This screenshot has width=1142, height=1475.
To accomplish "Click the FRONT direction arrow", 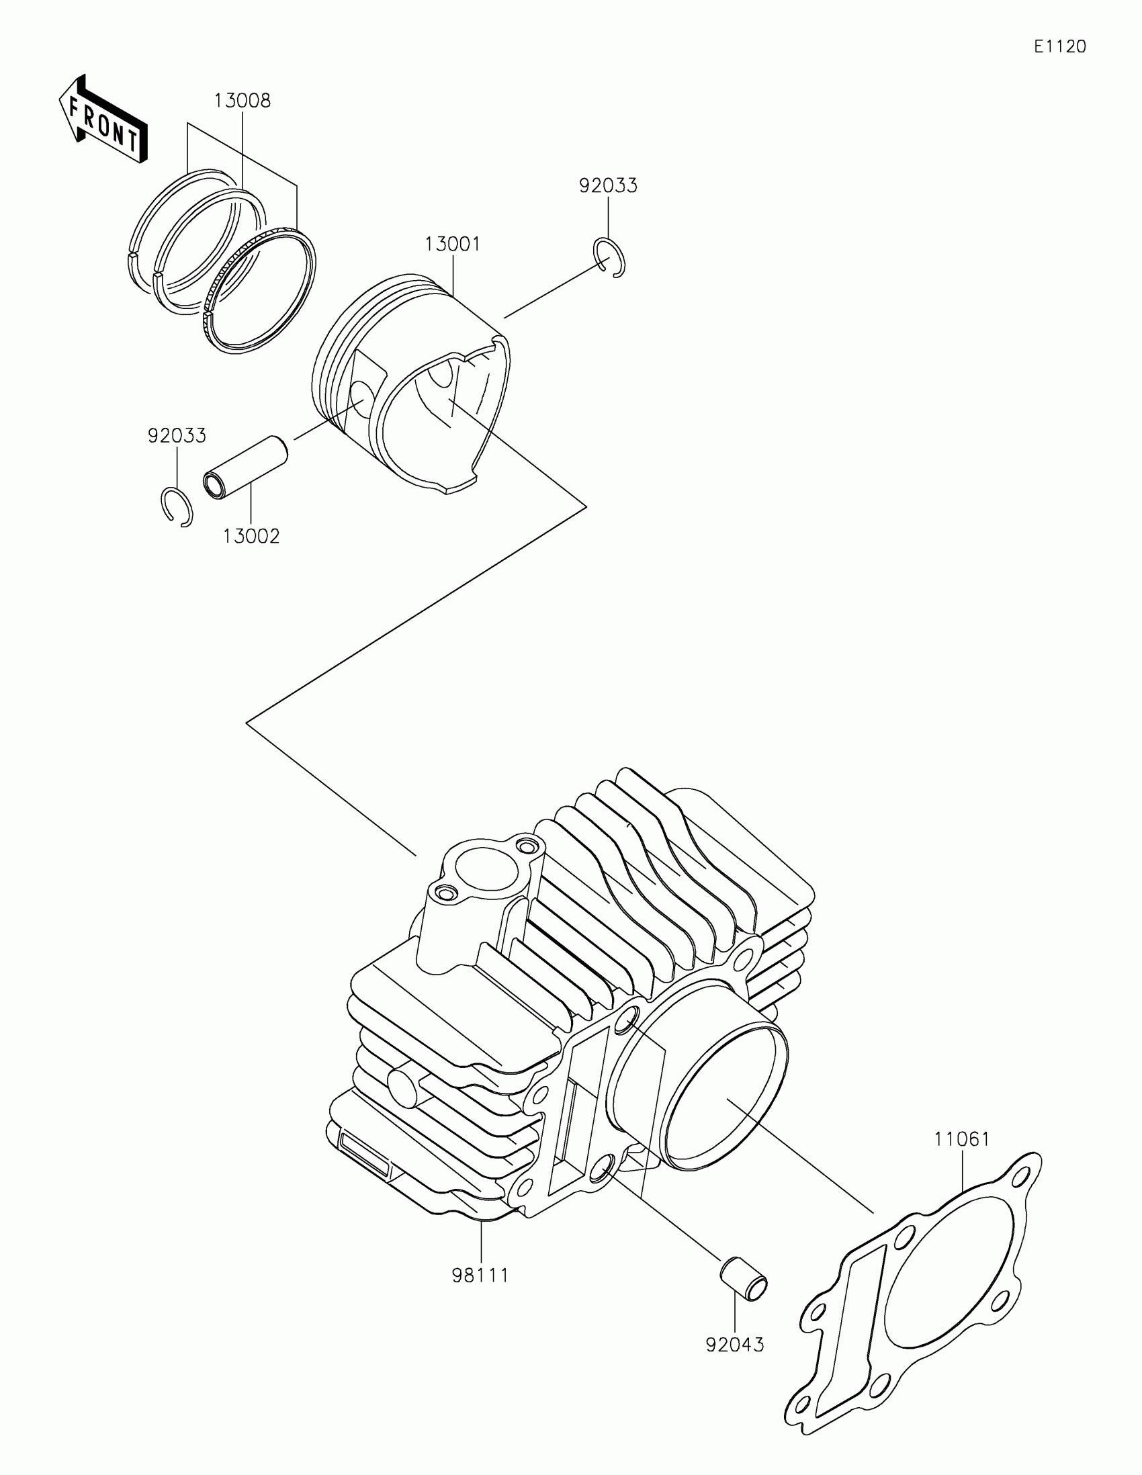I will click(x=103, y=120).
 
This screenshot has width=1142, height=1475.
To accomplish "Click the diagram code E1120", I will click(x=1059, y=46).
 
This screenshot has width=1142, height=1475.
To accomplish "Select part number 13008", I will click(x=243, y=101).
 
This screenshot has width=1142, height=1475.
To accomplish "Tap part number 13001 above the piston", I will click(x=453, y=244).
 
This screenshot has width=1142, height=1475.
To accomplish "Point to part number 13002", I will click(x=251, y=536).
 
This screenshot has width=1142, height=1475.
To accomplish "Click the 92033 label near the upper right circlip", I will click(x=608, y=187).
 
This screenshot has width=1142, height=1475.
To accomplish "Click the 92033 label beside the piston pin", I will click(x=177, y=437).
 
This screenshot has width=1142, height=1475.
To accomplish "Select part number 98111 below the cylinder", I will click(x=480, y=1276).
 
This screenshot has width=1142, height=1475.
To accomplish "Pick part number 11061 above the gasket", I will click(x=962, y=1139).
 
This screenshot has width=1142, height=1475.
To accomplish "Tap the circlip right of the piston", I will click(x=610, y=258).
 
